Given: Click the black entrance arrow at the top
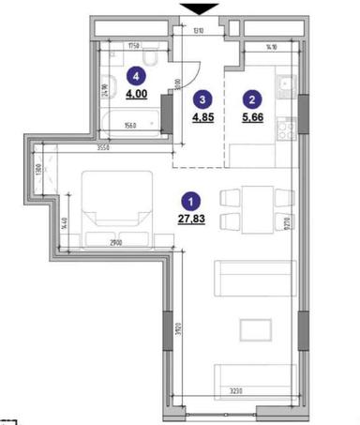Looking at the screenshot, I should coord(199,8).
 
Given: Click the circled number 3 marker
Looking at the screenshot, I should coord(201,97).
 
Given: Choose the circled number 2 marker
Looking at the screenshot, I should coord(250,97).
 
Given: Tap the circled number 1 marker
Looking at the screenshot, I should coord(191,201).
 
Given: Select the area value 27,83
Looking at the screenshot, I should coord(191,220).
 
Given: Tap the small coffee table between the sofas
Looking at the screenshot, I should coord(254,327).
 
